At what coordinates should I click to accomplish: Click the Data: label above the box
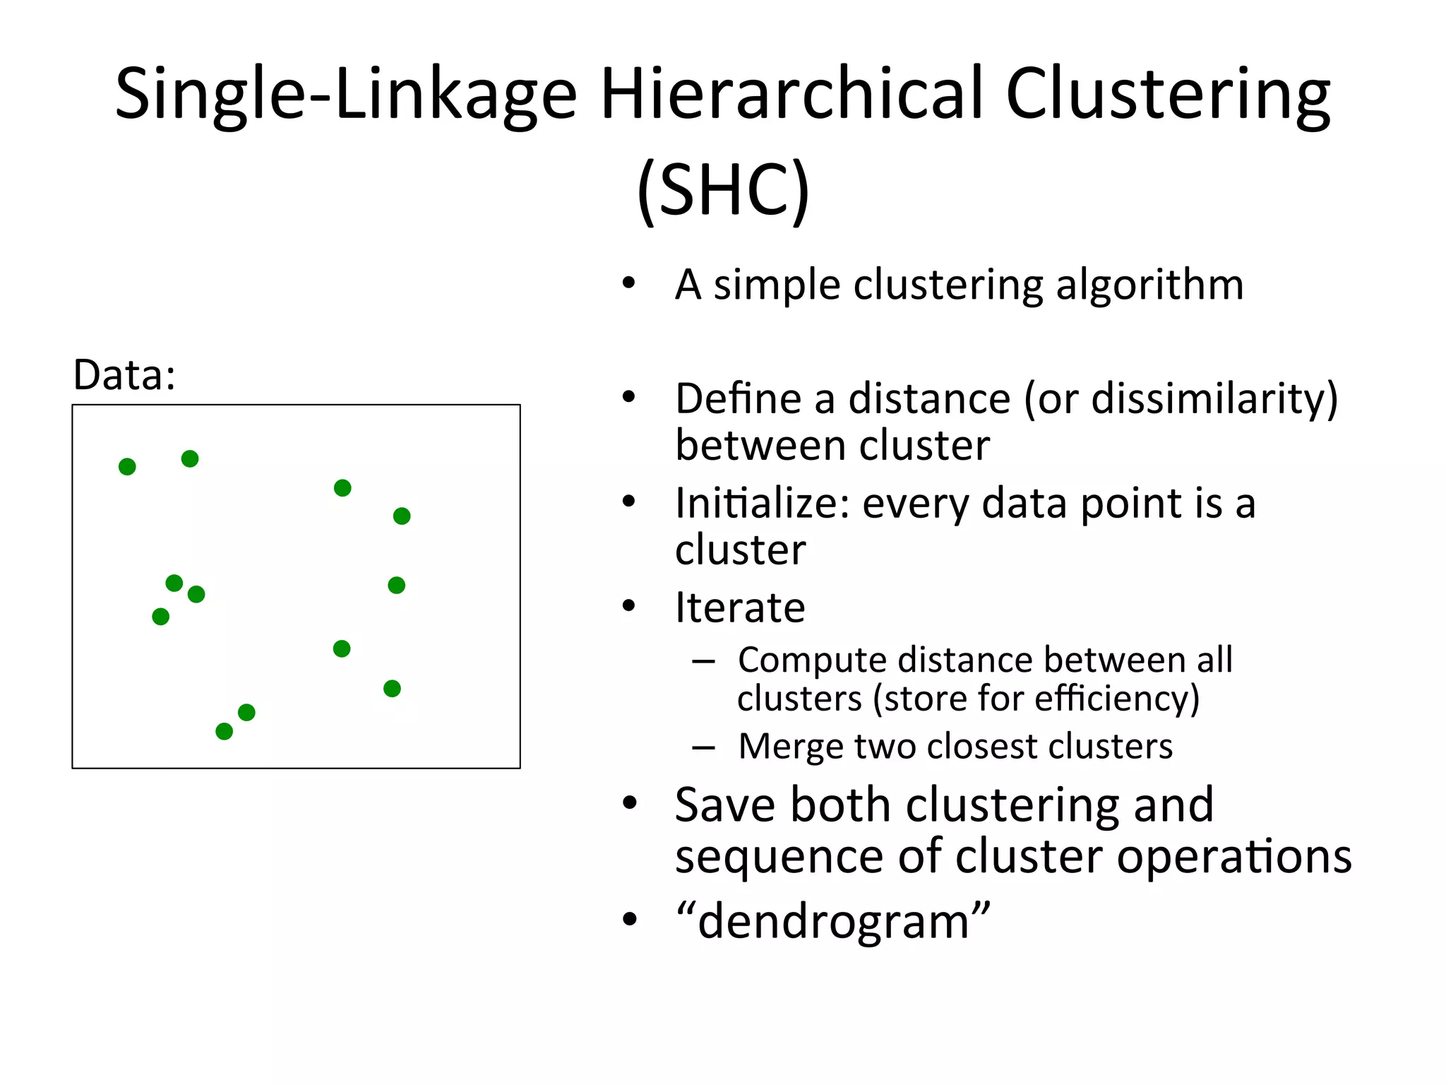click(x=124, y=374)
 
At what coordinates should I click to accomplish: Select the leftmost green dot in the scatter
click(x=127, y=467)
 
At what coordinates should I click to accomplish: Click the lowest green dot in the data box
click(x=224, y=731)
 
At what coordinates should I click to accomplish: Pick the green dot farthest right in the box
click(x=402, y=516)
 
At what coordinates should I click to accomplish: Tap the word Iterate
click(x=739, y=607)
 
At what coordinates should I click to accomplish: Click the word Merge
click(x=790, y=747)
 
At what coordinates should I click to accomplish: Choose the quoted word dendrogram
click(x=833, y=921)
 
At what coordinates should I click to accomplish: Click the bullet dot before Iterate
click(x=629, y=606)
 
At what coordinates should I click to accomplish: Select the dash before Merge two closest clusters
click(x=704, y=747)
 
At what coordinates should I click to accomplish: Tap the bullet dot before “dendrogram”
click(x=629, y=920)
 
